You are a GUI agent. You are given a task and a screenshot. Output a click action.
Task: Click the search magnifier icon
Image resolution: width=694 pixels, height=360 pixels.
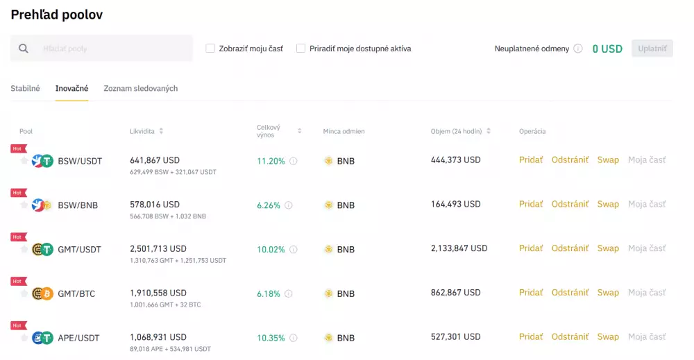point(24,49)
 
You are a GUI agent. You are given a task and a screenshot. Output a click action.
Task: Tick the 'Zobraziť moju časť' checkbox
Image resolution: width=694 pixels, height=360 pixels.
point(210,49)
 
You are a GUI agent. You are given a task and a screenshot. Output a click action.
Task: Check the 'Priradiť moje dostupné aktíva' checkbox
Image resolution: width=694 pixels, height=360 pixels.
point(301,49)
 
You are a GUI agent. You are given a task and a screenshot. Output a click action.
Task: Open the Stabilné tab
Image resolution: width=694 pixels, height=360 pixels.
point(25,89)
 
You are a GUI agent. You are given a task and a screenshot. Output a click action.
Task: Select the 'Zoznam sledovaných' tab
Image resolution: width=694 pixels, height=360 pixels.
point(140,89)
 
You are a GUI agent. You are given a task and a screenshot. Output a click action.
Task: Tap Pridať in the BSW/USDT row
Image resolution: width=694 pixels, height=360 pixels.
point(531,160)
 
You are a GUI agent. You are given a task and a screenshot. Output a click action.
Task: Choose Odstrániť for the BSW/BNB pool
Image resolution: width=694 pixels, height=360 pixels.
point(570,204)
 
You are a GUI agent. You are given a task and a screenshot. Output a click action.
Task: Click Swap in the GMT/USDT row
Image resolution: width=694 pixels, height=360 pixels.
point(608,248)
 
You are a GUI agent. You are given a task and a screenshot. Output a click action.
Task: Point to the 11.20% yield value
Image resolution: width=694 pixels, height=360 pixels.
point(271,161)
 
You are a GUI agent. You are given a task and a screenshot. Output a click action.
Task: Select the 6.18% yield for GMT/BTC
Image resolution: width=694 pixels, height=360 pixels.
point(269,293)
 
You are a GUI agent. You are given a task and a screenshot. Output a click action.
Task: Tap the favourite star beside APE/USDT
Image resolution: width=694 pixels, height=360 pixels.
point(24,338)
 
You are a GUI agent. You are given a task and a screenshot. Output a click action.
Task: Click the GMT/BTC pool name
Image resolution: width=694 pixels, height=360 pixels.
point(76,293)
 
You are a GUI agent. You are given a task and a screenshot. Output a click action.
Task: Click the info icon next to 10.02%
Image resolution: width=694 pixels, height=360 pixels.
point(293,249)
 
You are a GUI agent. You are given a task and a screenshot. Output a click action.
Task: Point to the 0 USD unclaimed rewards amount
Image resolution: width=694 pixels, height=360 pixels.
point(607,49)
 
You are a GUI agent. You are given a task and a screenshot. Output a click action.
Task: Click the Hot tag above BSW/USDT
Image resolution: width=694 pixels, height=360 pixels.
point(17,148)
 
